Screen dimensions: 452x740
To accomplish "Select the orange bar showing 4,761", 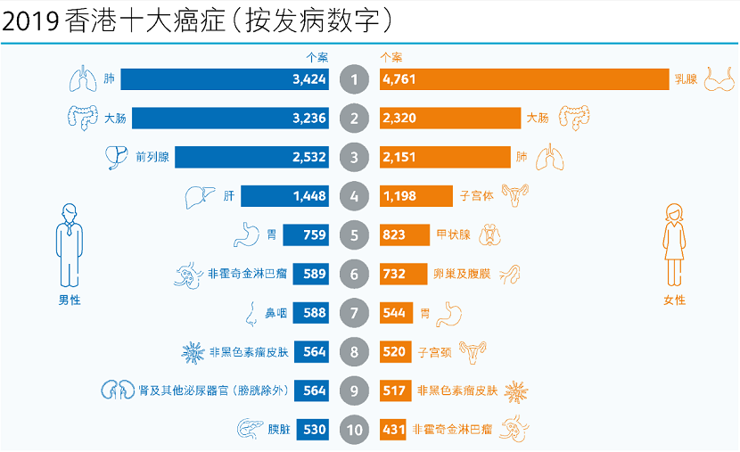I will (x=524, y=79).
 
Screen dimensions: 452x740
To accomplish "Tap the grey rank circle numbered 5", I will (x=355, y=235).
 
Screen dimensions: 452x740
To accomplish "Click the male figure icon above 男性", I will (x=69, y=241).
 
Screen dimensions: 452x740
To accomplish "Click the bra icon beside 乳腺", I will (x=720, y=79).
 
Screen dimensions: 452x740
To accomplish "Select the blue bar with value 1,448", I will (x=285, y=196).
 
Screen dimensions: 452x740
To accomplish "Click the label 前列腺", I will (x=153, y=158).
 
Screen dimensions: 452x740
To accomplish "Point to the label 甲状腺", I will (x=435, y=235).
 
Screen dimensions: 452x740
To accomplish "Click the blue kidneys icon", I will (x=110, y=390).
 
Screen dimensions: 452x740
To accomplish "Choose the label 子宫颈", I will (x=435, y=352).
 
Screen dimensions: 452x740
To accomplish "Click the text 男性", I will (x=69, y=300).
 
